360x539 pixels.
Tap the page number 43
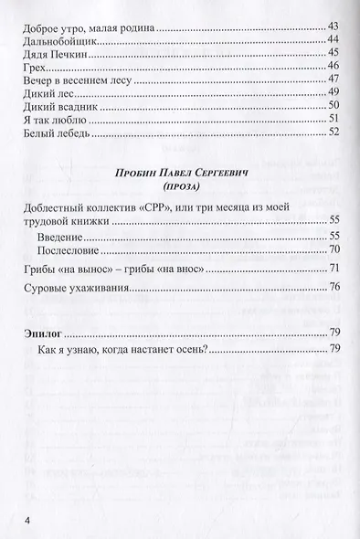pos(334,26)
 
